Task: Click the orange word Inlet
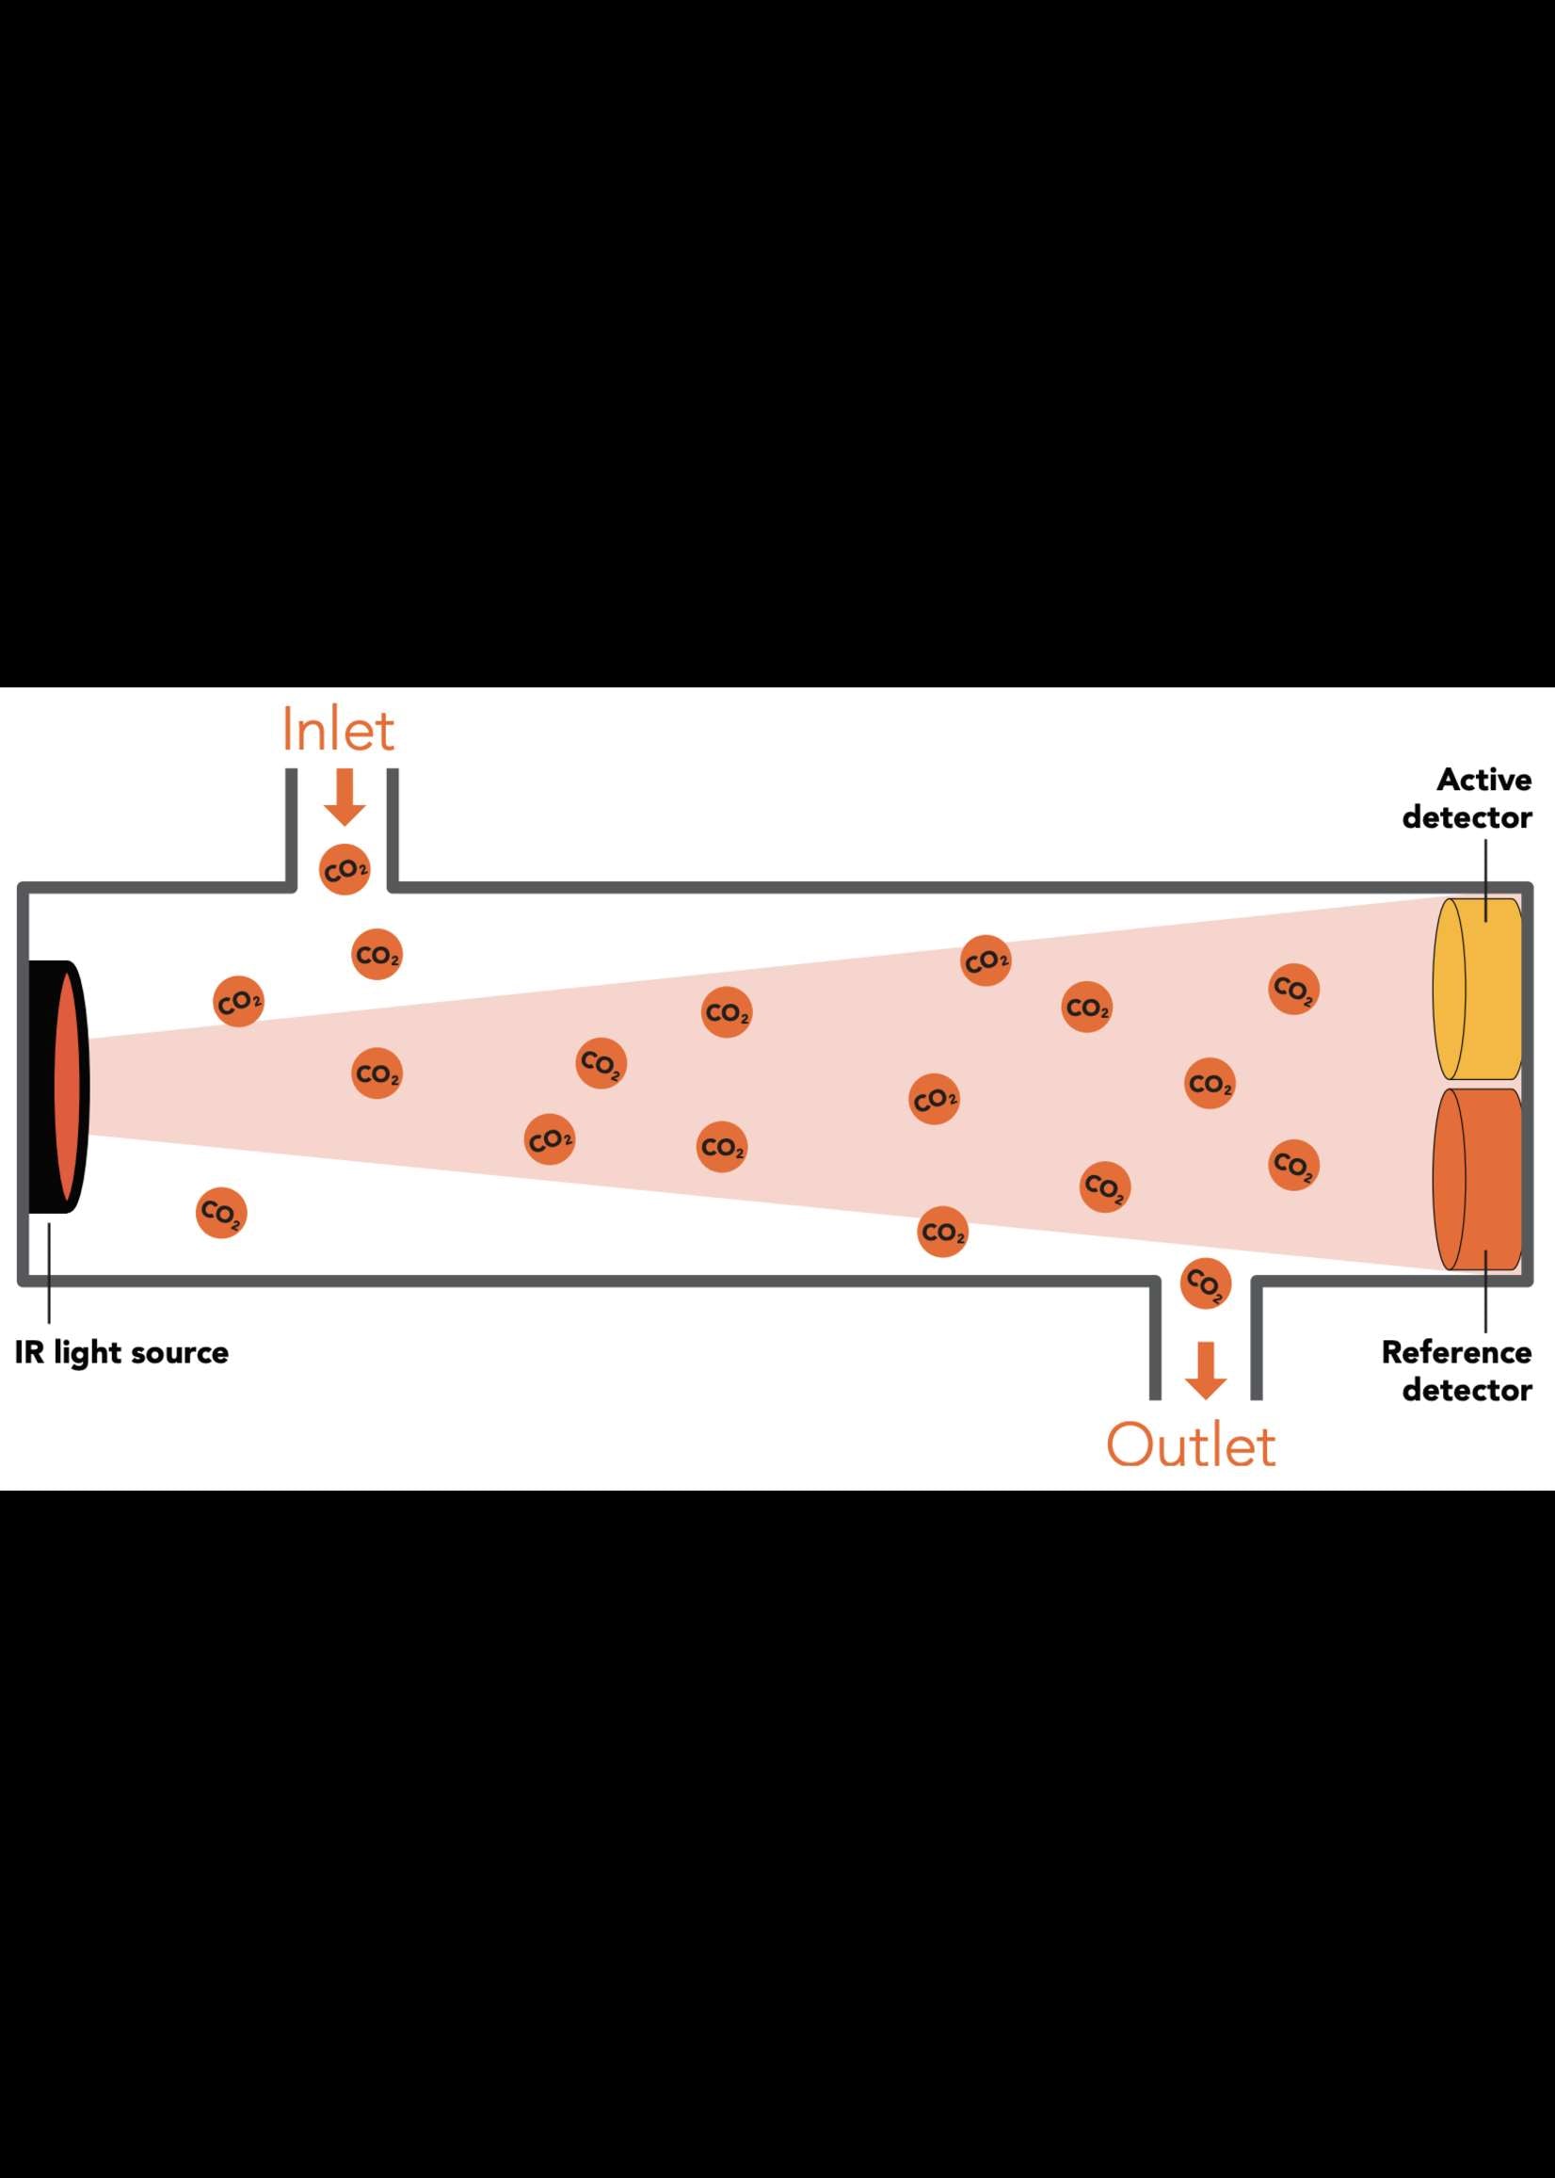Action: point(337,731)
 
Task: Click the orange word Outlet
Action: point(1190,1445)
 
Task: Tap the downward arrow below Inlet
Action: point(345,798)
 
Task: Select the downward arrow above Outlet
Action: point(1206,1371)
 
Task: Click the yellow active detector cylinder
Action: point(1479,988)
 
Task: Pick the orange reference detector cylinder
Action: point(1479,1179)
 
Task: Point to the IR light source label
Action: point(121,1352)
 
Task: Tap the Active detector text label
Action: point(1467,798)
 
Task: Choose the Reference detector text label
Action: point(1457,1371)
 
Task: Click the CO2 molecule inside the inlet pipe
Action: point(345,870)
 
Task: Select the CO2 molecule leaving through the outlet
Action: point(1206,1283)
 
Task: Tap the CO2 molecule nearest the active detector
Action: point(1293,989)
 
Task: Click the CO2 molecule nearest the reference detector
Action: point(1293,1165)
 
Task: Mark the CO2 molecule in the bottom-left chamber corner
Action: point(221,1214)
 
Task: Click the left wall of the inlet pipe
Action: point(291,827)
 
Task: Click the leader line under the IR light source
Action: point(49,1269)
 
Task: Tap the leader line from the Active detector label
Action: point(1486,879)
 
